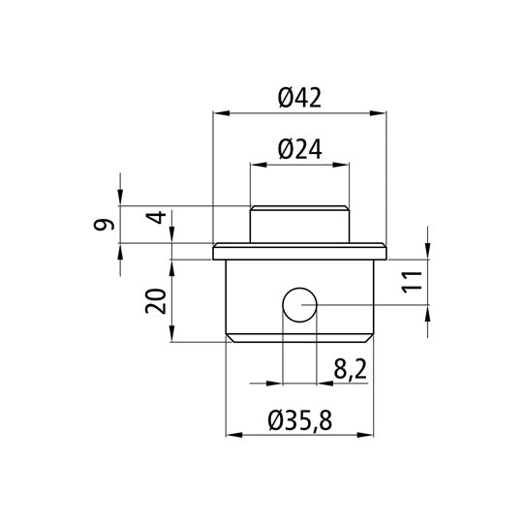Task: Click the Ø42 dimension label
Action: tap(298, 98)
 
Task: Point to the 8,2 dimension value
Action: tap(348, 369)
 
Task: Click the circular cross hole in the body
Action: tap(298, 307)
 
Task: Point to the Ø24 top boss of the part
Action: tap(298, 225)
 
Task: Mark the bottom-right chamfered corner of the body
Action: tap(369, 336)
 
